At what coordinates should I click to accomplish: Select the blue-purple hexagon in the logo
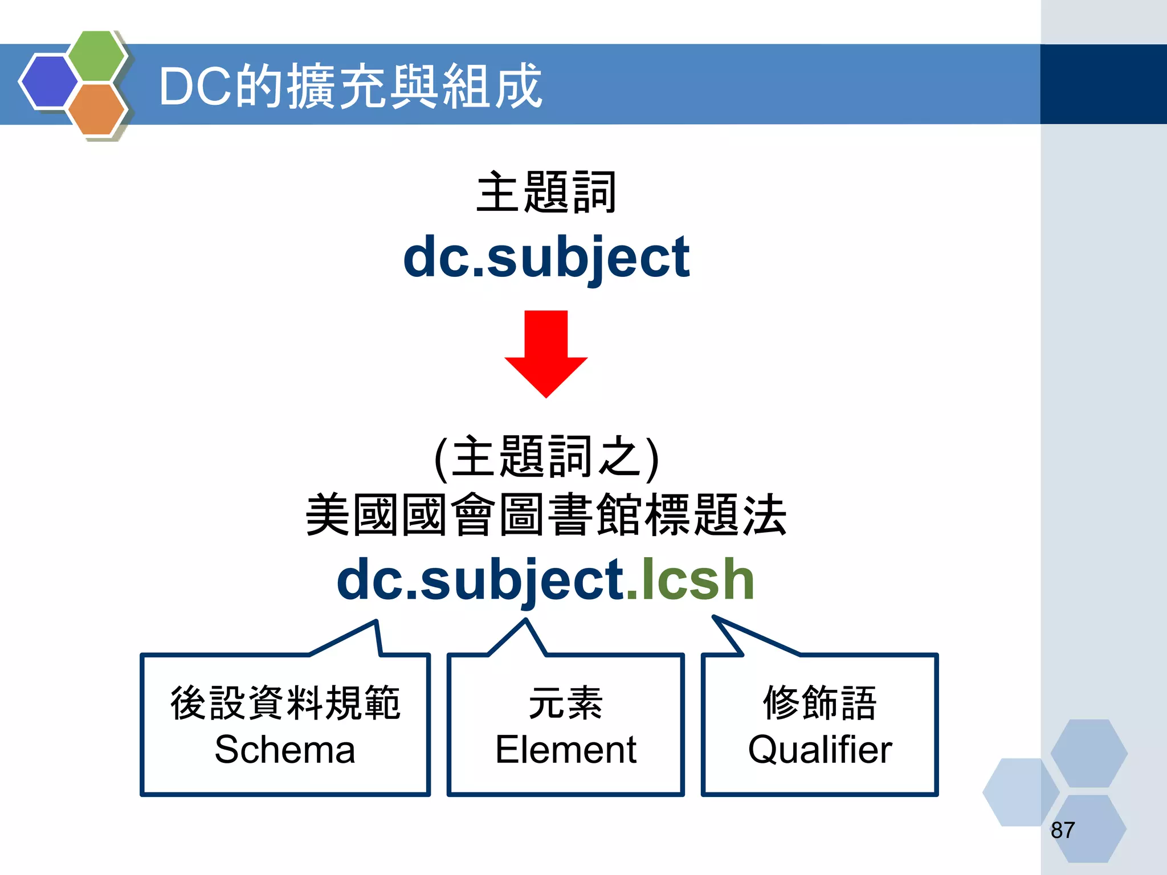point(49,81)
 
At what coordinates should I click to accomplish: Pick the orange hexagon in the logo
point(97,109)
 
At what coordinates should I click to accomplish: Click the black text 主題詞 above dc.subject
point(546,193)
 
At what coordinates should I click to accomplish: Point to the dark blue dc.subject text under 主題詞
point(546,257)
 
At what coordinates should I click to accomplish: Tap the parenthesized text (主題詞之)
point(546,457)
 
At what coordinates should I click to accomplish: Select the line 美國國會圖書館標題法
point(546,515)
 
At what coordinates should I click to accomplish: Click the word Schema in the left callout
point(285,749)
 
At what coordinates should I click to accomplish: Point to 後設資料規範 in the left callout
point(285,703)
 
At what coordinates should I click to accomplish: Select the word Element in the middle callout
point(565,749)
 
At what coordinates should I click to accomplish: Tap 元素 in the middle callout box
point(565,703)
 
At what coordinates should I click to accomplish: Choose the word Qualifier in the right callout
point(819,749)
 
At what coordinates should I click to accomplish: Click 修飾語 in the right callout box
point(819,703)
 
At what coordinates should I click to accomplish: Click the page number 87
point(1063,830)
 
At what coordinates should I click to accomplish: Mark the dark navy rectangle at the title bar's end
point(1103,84)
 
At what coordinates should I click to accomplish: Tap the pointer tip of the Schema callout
point(376,622)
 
